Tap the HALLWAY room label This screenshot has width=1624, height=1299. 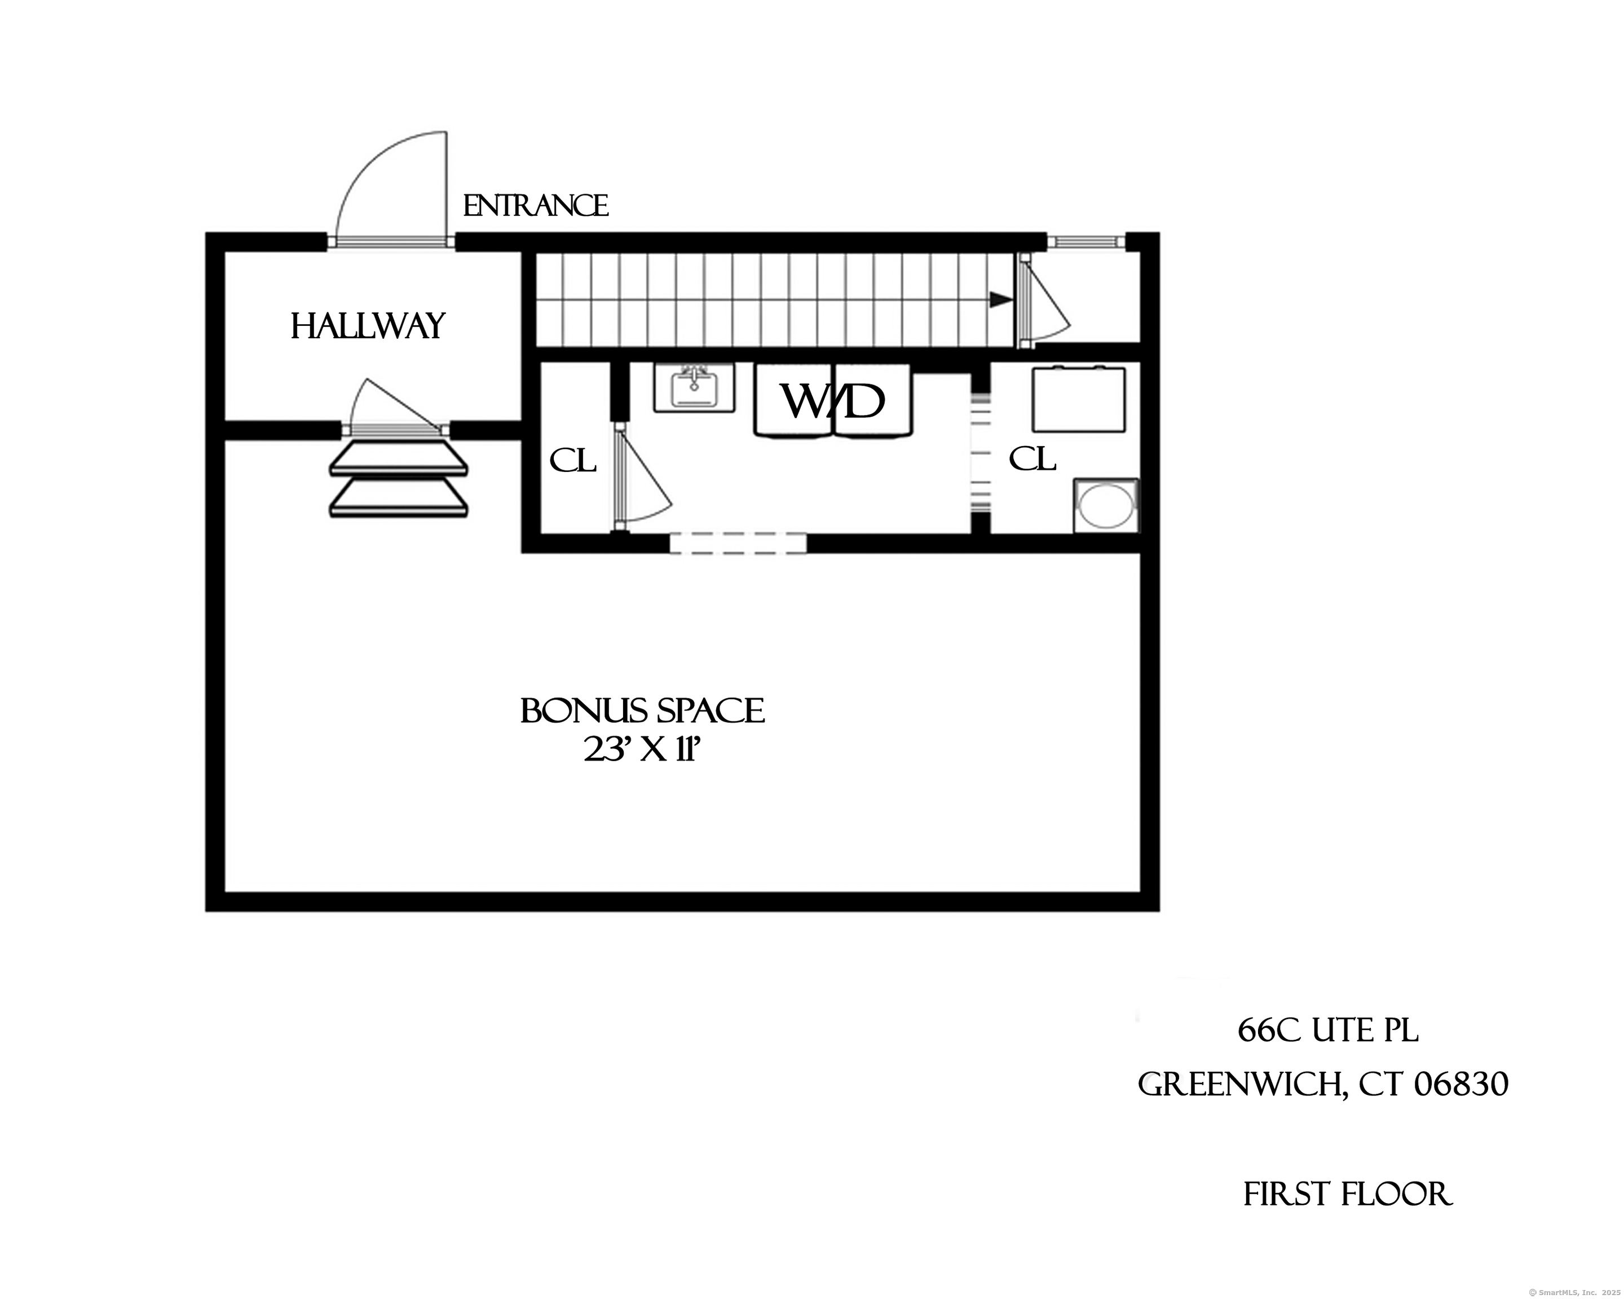[x=368, y=327]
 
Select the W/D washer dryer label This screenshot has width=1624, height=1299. [x=832, y=401]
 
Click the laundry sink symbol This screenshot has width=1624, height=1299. [x=694, y=387]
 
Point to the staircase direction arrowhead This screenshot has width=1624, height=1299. [x=1000, y=300]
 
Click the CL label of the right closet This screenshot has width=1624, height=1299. [x=1032, y=458]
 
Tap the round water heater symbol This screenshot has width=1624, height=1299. [x=1106, y=506]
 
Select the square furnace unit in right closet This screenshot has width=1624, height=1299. [x=1079, y=399]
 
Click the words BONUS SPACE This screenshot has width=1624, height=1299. [x=642, y=711]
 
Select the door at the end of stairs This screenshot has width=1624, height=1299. [x=1043, y=301]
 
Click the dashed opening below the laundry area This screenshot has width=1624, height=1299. [x=738, y=543]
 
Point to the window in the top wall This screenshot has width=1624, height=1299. [x=1085, y=242]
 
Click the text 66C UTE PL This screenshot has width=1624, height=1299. [x=1327, y=1031]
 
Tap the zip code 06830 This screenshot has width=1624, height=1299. [x=1460, y=1084]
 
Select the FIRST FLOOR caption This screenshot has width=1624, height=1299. [x=1347, y=1194]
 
